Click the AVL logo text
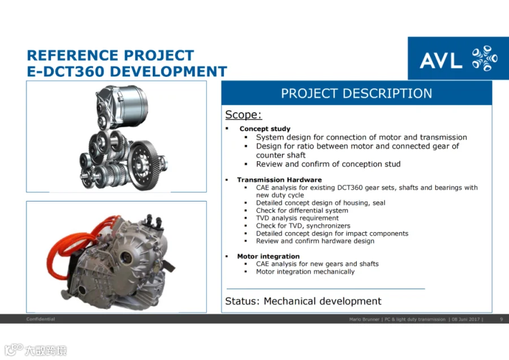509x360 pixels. (441, 61)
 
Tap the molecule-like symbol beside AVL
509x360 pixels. (485, 58)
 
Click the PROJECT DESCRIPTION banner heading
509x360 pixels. (356, 93)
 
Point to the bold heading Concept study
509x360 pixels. (265, 128)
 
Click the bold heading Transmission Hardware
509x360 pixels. (279, 179)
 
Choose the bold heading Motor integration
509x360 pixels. (268, 256)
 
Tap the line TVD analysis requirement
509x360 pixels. (297, 218)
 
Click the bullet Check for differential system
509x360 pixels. (302, 211)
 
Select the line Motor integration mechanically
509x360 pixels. (305, 272)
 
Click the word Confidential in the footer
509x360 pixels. (41, 319)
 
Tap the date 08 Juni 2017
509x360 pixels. (465, 319)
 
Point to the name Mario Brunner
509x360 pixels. (364, 319)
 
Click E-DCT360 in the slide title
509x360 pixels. (67, 71)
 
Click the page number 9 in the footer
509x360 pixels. (501, 319)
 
